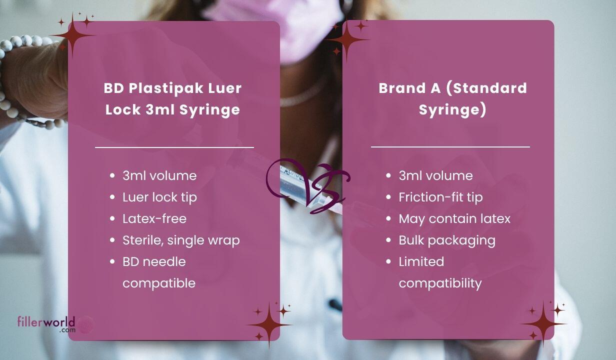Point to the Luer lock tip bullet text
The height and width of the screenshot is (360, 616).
159,197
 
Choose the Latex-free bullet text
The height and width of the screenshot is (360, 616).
154,219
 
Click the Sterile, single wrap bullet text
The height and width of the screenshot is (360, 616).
181,240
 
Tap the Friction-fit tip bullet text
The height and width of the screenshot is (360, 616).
440,197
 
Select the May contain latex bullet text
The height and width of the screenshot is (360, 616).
454,219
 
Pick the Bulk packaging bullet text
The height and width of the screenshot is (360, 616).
446,240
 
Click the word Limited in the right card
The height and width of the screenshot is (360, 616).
421,262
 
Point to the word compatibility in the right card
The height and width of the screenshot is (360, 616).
440,283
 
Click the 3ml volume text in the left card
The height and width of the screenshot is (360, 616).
159,176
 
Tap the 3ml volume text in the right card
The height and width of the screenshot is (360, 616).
435,176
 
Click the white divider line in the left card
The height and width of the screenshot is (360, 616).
174,147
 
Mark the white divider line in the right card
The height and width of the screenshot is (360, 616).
450,147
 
